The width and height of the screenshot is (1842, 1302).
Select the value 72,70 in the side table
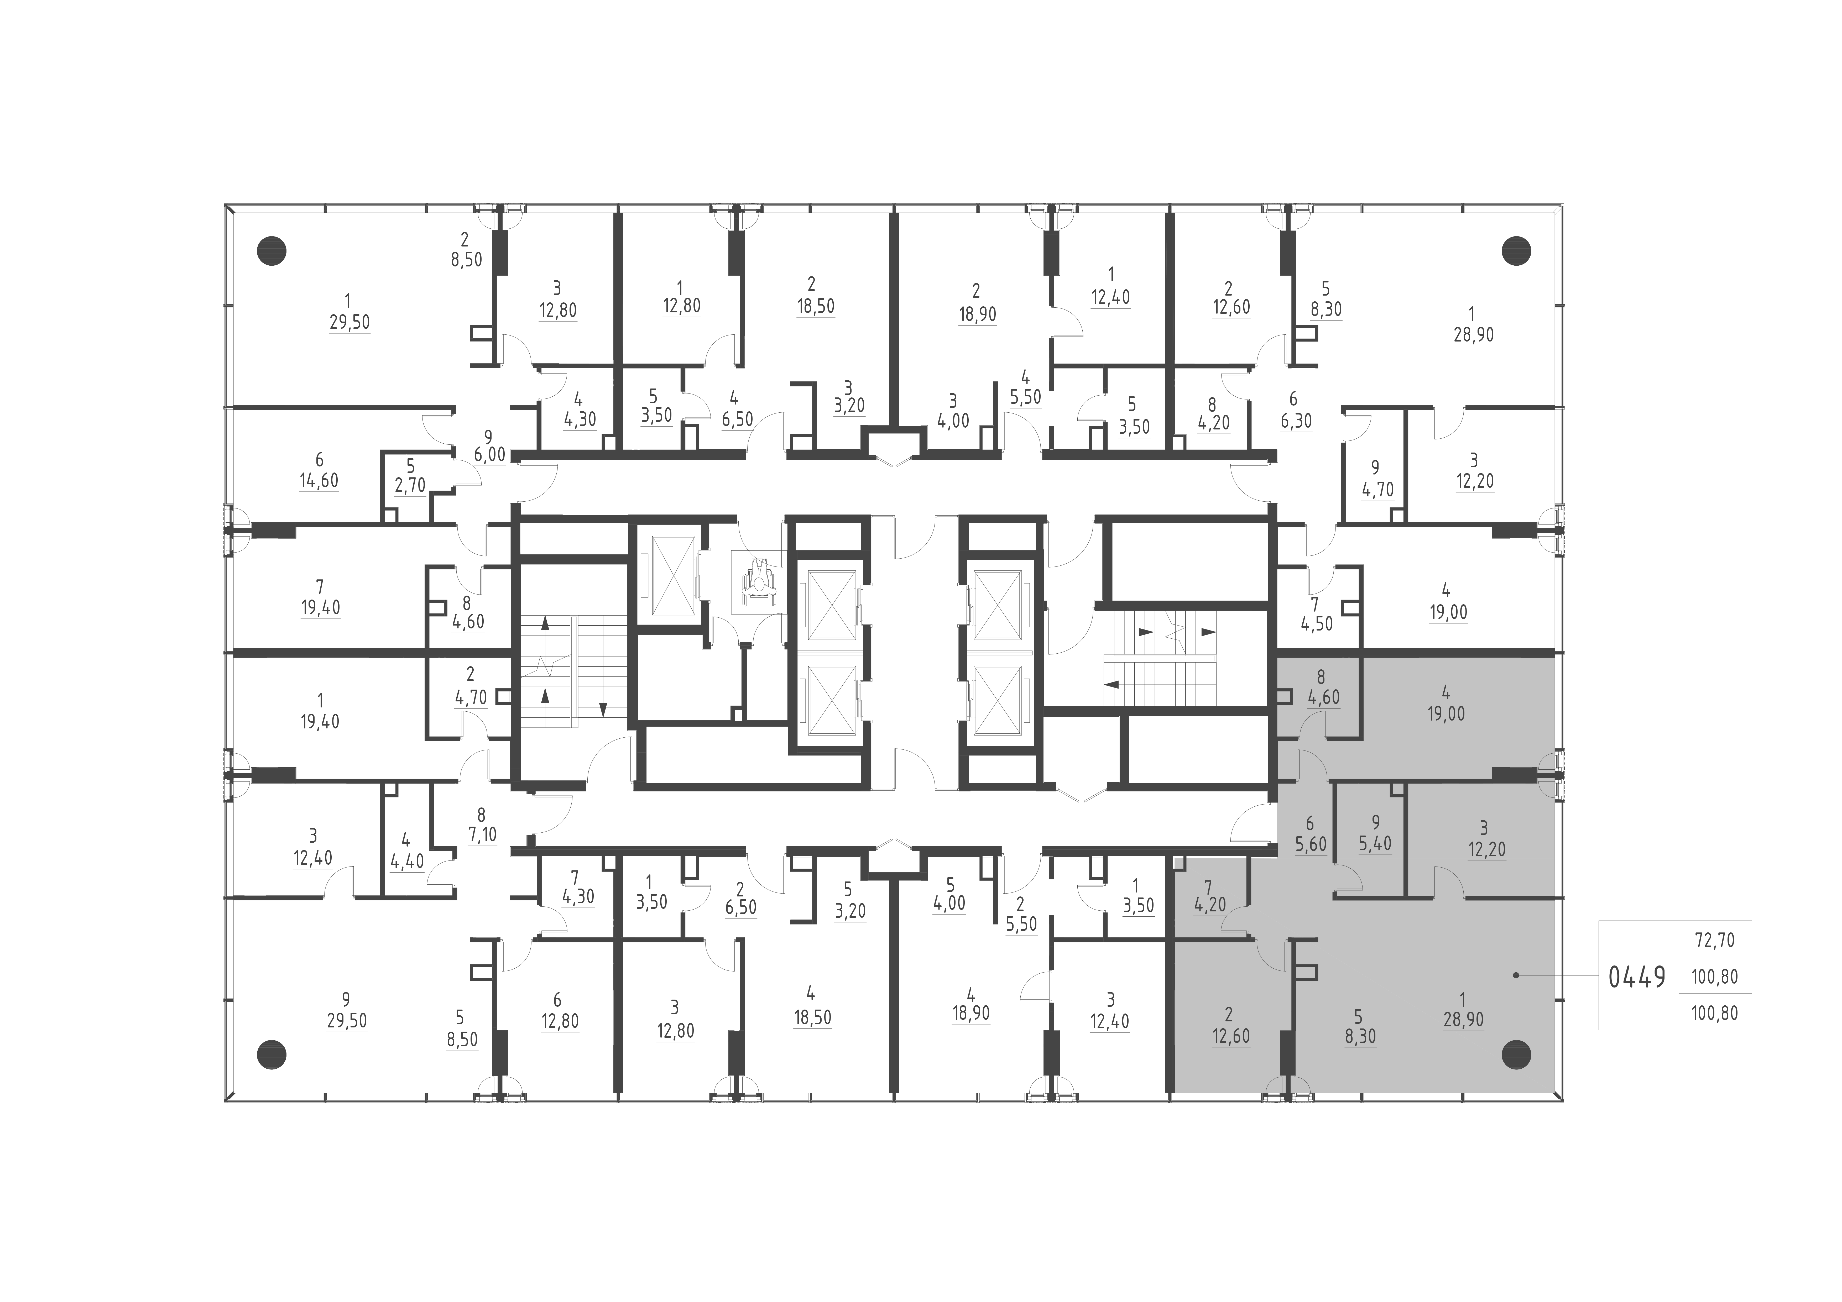click(1714, 940)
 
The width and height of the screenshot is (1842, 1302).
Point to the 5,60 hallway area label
click(1310, 845)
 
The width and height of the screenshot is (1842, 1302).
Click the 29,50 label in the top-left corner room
click(349, 323)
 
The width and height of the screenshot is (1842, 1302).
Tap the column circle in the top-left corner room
click(271, 251)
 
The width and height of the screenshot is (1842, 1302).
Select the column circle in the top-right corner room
click(1515, 251)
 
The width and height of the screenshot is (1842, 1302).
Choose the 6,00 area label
click(489, 455)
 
